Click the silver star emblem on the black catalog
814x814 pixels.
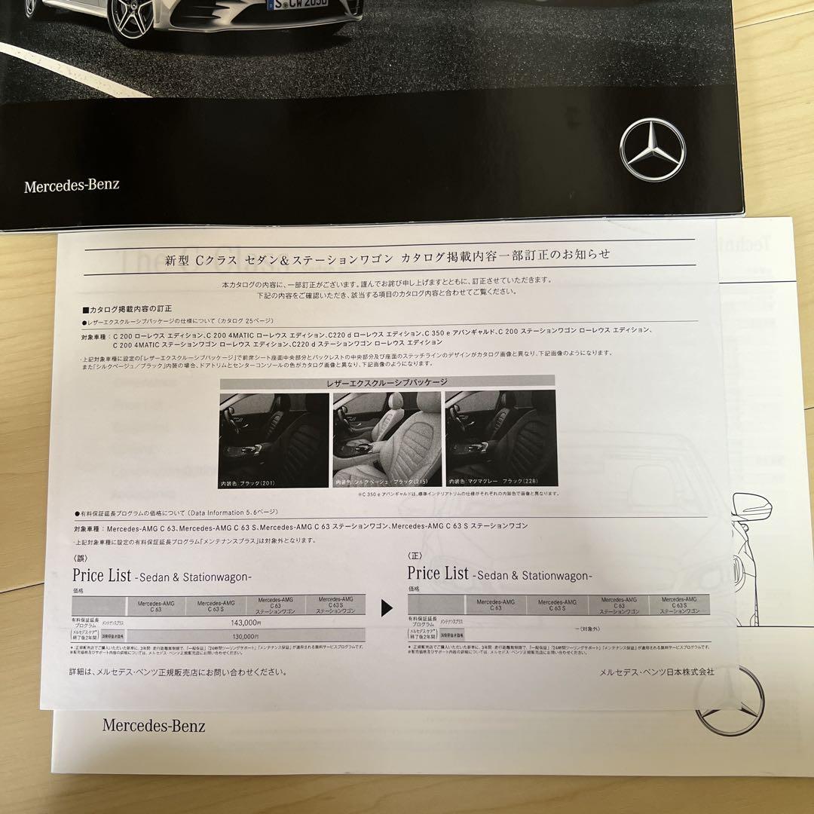click(x=652, y=148)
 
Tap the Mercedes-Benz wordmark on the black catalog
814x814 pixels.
click(x=72, y=185)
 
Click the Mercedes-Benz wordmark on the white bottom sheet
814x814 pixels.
click(x=154, y=726)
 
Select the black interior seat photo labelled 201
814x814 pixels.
click(x=274, y=439)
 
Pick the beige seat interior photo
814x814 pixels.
click(x=386, y=439)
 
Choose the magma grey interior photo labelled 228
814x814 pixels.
click(x=500, y=439)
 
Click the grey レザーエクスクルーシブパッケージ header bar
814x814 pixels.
click(x=387, y=382)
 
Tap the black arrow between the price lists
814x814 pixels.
click(x=387, y=607)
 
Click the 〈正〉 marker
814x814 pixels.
click(x=415, y=557)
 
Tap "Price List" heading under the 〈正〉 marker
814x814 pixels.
click(x=438, y=574)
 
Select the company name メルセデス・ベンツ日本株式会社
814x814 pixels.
click(x=656, y=672)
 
